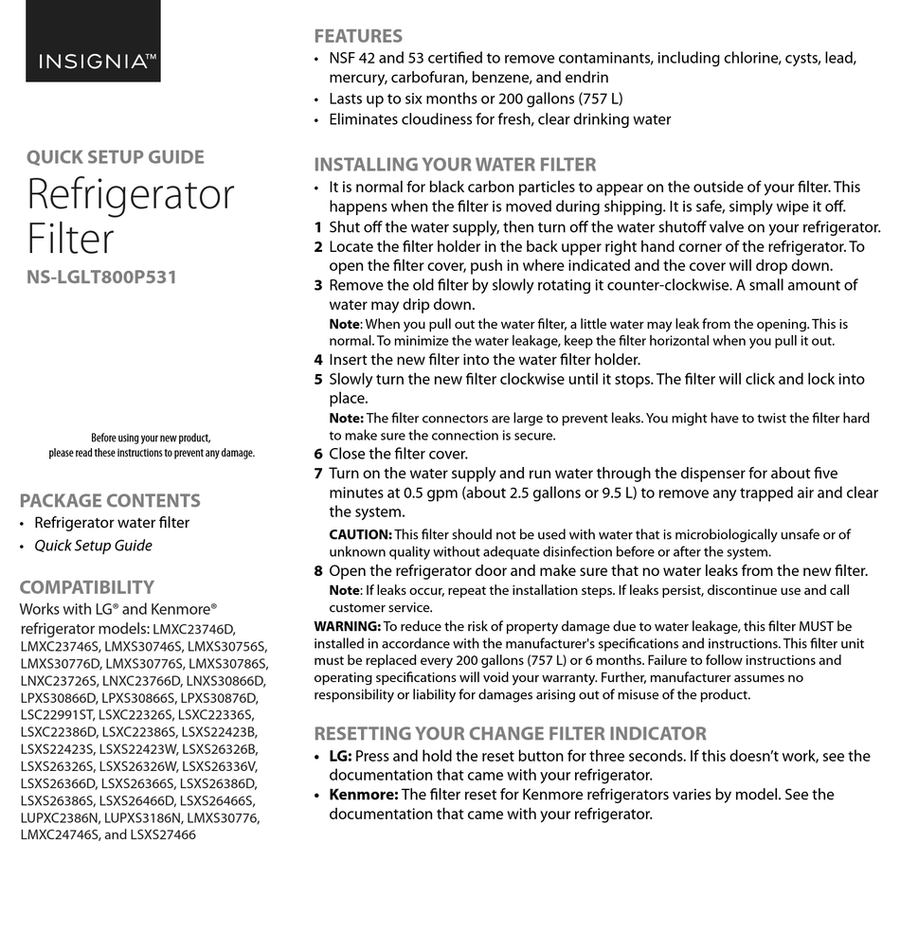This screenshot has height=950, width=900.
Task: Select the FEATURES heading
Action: (358, 36)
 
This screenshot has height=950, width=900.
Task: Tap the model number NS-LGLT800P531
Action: (101, 278)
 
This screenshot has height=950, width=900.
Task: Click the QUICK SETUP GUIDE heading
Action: (115, 157)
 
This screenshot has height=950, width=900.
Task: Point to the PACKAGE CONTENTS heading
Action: (110, 501)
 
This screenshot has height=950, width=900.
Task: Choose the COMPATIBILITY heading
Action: (86, 587)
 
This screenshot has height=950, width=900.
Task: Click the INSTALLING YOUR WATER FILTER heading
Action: (455, 164)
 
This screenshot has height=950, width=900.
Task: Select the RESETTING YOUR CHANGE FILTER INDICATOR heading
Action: (510, 733)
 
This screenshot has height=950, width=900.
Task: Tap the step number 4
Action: (318, 360)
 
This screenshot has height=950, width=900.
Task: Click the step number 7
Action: (318, 474)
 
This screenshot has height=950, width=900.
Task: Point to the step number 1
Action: (318, 227)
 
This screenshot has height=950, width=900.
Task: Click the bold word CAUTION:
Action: (360, 535)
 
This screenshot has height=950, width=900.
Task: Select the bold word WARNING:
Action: (347, 626)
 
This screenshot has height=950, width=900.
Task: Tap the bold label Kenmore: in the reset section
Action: (363, 795)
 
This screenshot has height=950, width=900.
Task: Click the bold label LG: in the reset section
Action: (340, 756)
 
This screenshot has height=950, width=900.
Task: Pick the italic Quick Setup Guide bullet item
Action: (93, 546)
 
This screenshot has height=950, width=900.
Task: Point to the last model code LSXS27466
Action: (163, 834)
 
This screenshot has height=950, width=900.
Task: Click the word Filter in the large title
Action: (70, 238)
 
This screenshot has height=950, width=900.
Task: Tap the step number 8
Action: (318, 571)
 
